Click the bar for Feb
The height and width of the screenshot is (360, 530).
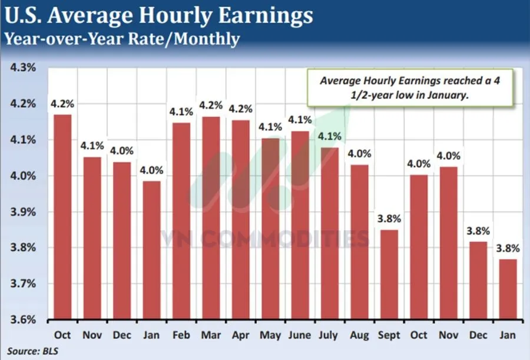click(x=181, y=221)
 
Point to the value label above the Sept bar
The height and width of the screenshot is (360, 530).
click(x=389, y=219)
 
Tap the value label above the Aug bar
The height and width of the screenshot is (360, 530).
click(x=359, y=154)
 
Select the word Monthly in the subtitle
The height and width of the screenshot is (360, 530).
click(x=207, y=39)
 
